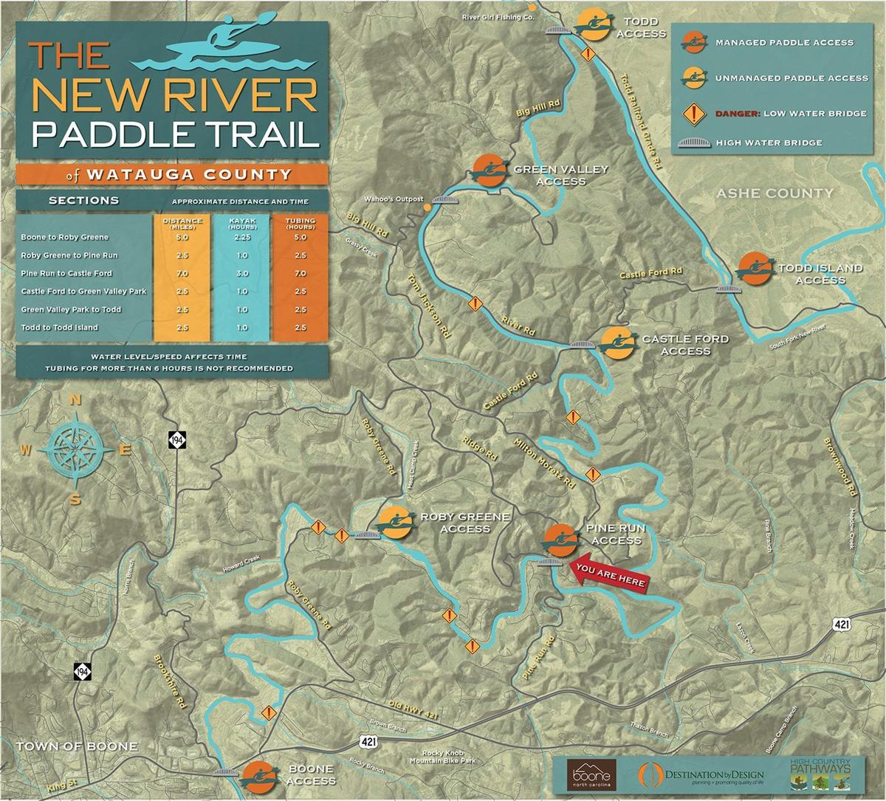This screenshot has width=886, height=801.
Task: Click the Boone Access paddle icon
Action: point(258,775)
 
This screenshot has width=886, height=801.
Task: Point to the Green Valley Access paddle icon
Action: point(488,171)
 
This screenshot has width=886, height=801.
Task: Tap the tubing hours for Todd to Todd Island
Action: point(300,328)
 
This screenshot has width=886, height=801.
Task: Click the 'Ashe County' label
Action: point(775,193)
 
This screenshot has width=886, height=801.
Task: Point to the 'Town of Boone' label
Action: point(77,746)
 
